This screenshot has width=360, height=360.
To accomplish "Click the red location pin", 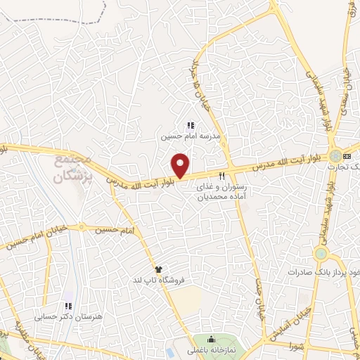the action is point(181,165).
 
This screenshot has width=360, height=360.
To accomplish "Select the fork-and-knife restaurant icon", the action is point(223,176).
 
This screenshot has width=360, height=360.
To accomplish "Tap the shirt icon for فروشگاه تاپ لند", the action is point(159,269).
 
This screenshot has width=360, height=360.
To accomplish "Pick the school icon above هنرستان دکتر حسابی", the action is point(68,307).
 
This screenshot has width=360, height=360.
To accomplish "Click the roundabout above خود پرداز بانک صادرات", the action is point(322,253).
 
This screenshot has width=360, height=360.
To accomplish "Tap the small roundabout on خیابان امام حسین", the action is point(83,227).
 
